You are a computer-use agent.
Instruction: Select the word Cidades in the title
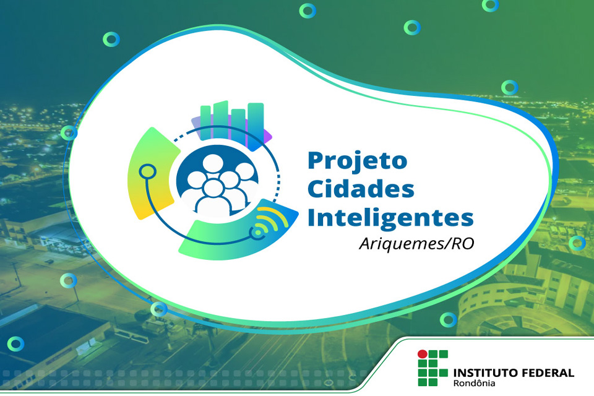[361, 189]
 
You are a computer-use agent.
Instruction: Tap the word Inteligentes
[390, 218]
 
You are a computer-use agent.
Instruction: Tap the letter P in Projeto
[316, 160]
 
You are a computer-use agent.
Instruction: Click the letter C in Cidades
[317, 189]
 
